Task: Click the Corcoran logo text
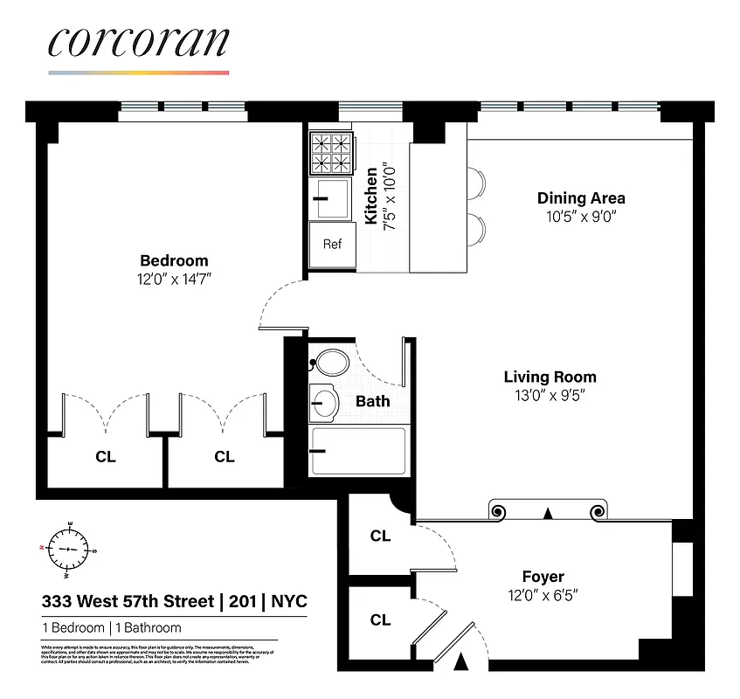click(138, 42)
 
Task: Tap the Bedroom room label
click(174, 260)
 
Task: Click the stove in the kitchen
click(332, 153)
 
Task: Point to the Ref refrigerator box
click(332, 244)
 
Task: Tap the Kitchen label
click(371, 197)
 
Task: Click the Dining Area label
click(581, 198)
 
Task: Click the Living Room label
click(550, 377)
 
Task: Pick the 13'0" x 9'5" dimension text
click(550, 395)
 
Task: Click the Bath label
click(373, 402)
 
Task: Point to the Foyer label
click(543, 577)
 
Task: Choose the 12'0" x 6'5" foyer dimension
click(543, 595)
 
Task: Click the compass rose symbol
click(68, 550)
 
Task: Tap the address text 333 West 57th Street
click(128, 602)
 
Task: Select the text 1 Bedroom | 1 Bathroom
click(112, 627)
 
